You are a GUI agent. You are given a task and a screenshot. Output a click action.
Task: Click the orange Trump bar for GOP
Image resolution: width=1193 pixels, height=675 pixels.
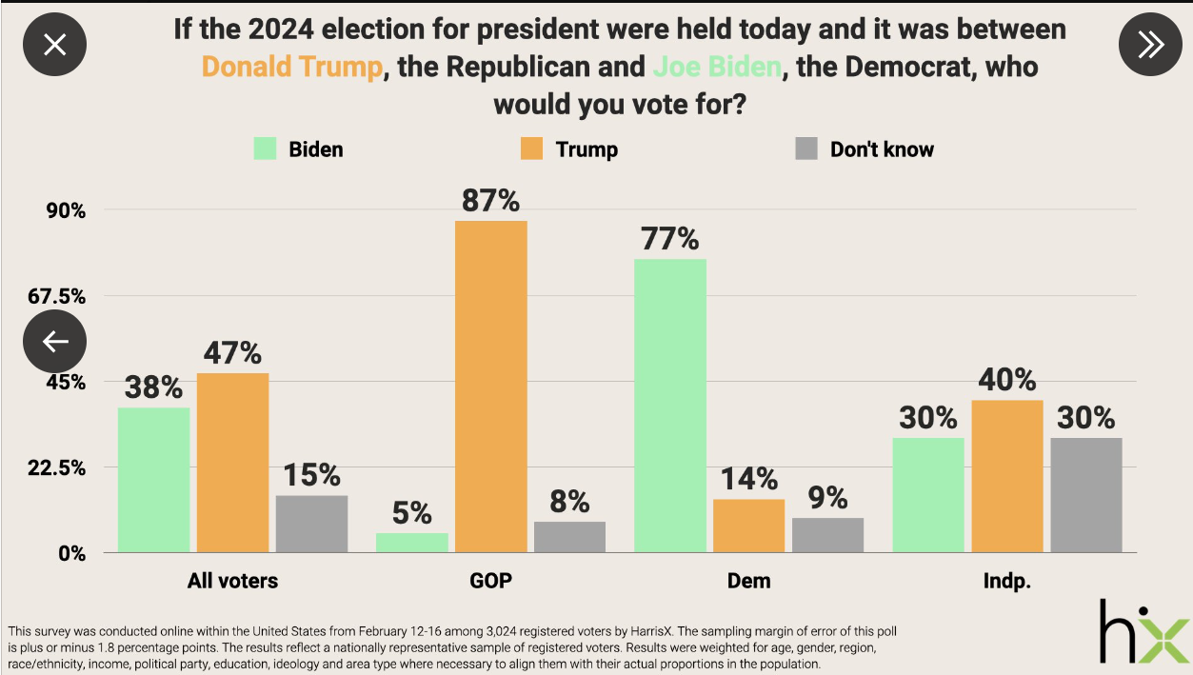click(x=490, y=386)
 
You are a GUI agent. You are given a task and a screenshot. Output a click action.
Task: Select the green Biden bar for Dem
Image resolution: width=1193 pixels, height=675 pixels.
click(x=669, y=405)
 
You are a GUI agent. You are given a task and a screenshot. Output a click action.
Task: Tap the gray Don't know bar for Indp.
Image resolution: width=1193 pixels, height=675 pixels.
click(x=1085, y=494)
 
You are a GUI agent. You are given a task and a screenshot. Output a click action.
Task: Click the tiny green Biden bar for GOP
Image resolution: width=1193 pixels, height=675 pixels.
click(x=411, y=542)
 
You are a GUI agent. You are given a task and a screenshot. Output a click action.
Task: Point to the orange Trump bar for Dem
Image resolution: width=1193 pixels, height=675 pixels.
click(x=748, y=525)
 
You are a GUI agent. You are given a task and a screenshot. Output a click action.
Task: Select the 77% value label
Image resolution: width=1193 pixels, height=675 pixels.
click(x=669, y=239)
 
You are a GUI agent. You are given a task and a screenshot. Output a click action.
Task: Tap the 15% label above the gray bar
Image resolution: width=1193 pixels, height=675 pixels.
click(x=311, y=474)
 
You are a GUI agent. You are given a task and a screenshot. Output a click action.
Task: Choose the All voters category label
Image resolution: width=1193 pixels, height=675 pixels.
click(x=232, y=580)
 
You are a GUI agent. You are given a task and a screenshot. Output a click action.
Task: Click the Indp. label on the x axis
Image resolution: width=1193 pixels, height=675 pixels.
click(x=1006, y=580)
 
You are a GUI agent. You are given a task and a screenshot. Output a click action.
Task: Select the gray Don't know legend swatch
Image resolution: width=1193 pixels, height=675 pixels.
click(x=806, y=149)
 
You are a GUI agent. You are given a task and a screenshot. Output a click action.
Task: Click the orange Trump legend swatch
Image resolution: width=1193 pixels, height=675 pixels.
click(x=530, y=149)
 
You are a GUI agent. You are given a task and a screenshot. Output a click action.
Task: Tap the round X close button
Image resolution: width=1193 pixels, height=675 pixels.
click(x=55, y=44)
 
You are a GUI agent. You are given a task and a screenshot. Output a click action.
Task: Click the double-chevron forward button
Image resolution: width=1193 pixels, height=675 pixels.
click(x=1149, y=44)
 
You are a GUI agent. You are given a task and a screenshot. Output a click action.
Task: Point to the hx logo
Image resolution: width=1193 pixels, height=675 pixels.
click(x=1143, y=630)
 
